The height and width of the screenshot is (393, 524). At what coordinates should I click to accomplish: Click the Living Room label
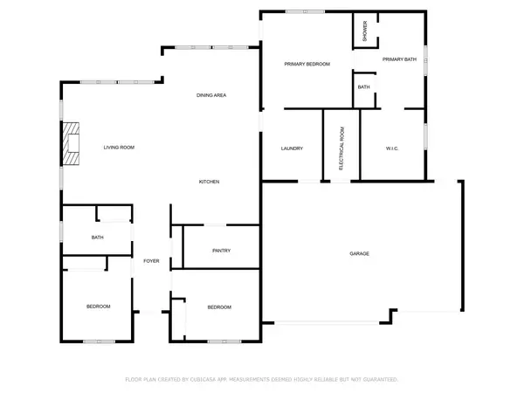click(119, 148)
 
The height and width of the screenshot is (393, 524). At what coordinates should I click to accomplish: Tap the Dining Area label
click(211, 95)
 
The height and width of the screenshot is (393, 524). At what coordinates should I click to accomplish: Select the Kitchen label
click(209, 182)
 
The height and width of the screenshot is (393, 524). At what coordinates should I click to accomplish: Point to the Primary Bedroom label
click(307, 65)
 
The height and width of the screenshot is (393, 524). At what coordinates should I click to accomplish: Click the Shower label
click(365, 31)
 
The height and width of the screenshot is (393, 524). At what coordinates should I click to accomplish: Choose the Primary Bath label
click(398, 59)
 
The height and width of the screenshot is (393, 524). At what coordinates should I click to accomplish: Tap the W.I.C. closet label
click(391, 148)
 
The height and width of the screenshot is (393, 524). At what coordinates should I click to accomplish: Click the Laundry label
click(292, 148)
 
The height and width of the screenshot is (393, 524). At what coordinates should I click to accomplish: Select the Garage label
click(360, 254)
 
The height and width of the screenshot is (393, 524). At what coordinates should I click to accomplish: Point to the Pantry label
click(221, 251)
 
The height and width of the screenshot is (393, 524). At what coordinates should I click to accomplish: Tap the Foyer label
click(151, 261)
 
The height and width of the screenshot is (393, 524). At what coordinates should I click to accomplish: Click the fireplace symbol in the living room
click(70, 145)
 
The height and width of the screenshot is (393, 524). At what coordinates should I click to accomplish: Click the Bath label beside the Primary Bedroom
click(363, 87)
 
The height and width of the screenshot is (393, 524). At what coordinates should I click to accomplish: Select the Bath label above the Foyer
click(99, 238)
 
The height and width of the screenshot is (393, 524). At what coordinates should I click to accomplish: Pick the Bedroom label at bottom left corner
click(98, 307)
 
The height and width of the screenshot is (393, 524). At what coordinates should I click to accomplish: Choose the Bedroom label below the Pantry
click(219, 307)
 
